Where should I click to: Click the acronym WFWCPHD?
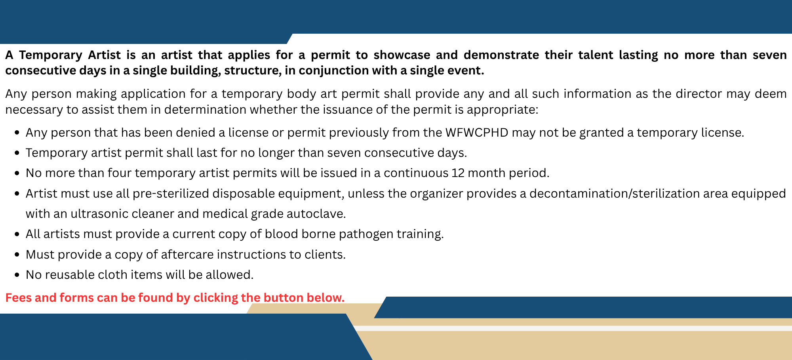[477, 132]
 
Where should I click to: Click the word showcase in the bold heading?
[402, 55]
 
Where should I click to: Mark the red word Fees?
[18, 297]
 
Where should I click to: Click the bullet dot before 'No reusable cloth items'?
[17, 275]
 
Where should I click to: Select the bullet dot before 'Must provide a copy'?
[17, 255]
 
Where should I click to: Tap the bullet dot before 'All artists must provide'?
[17, 234]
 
